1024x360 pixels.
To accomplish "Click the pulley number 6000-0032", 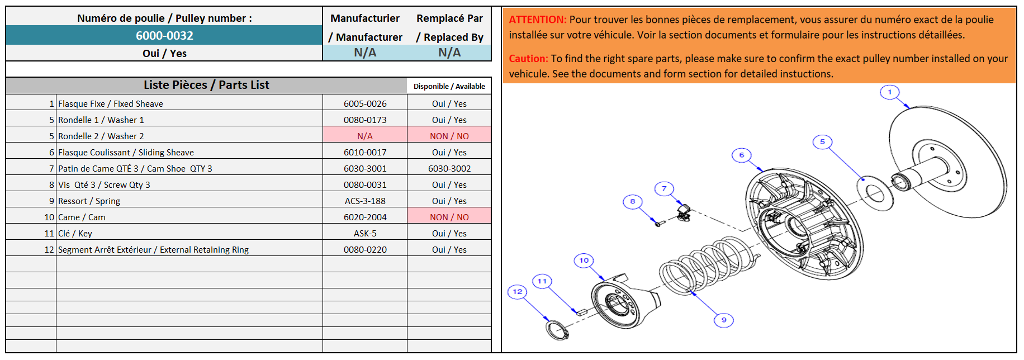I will [164, 36].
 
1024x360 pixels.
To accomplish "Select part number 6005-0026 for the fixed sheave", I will [365, 104].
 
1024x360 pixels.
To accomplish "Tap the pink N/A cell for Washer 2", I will [365, 136].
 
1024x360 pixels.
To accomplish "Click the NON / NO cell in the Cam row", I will [449, 217].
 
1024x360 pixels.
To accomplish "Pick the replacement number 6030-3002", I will [449, 169].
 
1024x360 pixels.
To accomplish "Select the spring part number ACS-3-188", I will [365, 201].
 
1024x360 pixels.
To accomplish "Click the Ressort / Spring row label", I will [89, 201].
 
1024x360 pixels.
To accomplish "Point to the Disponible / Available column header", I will [449, 87].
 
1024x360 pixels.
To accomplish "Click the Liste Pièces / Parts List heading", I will [206, 85].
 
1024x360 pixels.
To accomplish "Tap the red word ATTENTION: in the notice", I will [537, 20].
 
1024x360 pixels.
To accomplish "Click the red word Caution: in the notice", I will [528, 59].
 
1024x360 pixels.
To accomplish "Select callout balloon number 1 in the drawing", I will [889, 92].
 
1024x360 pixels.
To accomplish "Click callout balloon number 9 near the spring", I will [723, 320].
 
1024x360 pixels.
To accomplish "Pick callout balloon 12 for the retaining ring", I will [517, 292].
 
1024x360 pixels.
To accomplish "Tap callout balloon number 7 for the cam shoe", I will [664, 189].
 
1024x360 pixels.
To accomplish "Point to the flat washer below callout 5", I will [875, 193].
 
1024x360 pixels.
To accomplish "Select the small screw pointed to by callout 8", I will [658, 224].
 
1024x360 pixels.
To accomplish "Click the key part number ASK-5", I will [365, 234].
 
